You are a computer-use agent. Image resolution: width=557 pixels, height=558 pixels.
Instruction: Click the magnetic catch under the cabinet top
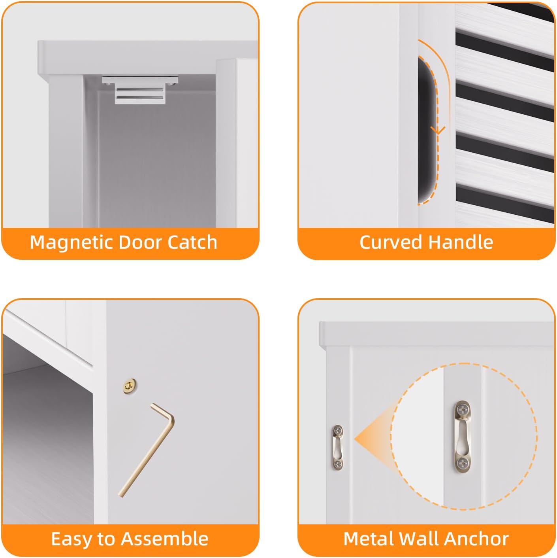[140, 90]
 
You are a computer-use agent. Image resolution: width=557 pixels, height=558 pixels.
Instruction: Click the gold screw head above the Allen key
[130, 386]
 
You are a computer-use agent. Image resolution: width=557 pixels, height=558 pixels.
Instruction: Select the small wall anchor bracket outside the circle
[338, 448]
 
